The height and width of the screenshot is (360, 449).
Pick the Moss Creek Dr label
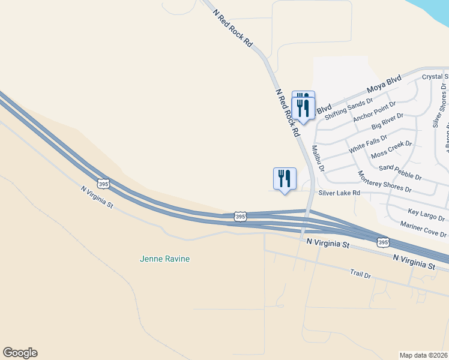391,149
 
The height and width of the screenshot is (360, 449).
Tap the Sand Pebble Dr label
400,173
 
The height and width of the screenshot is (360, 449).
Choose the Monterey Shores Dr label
384,182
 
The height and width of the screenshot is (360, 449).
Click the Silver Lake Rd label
339,193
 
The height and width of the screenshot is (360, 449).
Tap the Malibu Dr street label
318,158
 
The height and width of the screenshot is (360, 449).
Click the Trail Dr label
361,274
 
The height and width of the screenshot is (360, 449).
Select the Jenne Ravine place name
164,259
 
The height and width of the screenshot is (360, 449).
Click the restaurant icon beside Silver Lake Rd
284,178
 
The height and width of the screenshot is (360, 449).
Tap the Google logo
20,353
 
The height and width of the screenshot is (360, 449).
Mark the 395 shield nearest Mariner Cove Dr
383,242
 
